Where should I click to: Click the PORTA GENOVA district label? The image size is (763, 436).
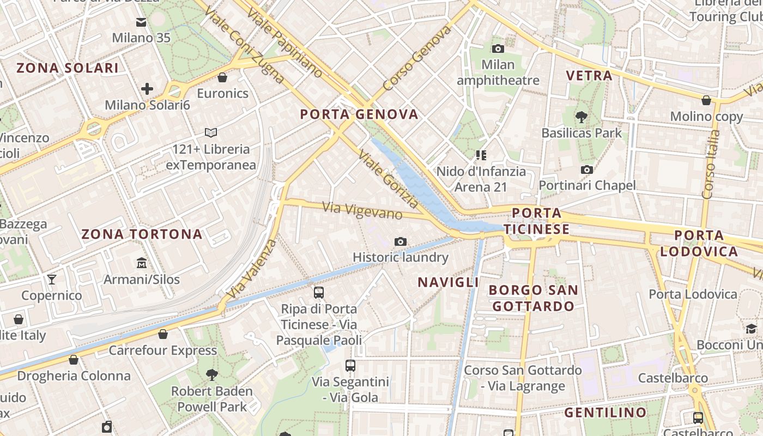pos(359,114)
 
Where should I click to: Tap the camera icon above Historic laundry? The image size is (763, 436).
pos(401,241)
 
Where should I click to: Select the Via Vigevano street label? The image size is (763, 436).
pos(362,210)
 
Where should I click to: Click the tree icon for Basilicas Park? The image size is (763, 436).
pos(582,117)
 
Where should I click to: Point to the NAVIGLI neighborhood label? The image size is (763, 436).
pos(448,282)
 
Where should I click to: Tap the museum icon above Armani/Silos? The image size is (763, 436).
pos(142,263)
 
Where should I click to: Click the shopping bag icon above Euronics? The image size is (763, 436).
pos(222,77)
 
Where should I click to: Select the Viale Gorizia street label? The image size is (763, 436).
pos(389,179)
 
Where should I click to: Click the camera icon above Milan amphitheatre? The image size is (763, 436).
pos(498,49)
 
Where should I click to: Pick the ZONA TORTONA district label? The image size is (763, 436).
pos(142,235)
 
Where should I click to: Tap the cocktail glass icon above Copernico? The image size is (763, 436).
pos(52,280)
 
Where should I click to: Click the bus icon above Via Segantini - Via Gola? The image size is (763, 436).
pos(350,366)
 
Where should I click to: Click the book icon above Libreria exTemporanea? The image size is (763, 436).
pos(211,132)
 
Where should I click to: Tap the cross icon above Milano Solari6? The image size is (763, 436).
pos(147,89)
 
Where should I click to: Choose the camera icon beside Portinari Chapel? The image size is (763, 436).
pos(587,169)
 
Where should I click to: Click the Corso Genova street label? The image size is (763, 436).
pos(417,58)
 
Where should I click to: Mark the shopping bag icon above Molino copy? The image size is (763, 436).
pos(706,100)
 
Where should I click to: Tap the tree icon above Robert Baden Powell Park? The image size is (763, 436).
pos(212,375)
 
